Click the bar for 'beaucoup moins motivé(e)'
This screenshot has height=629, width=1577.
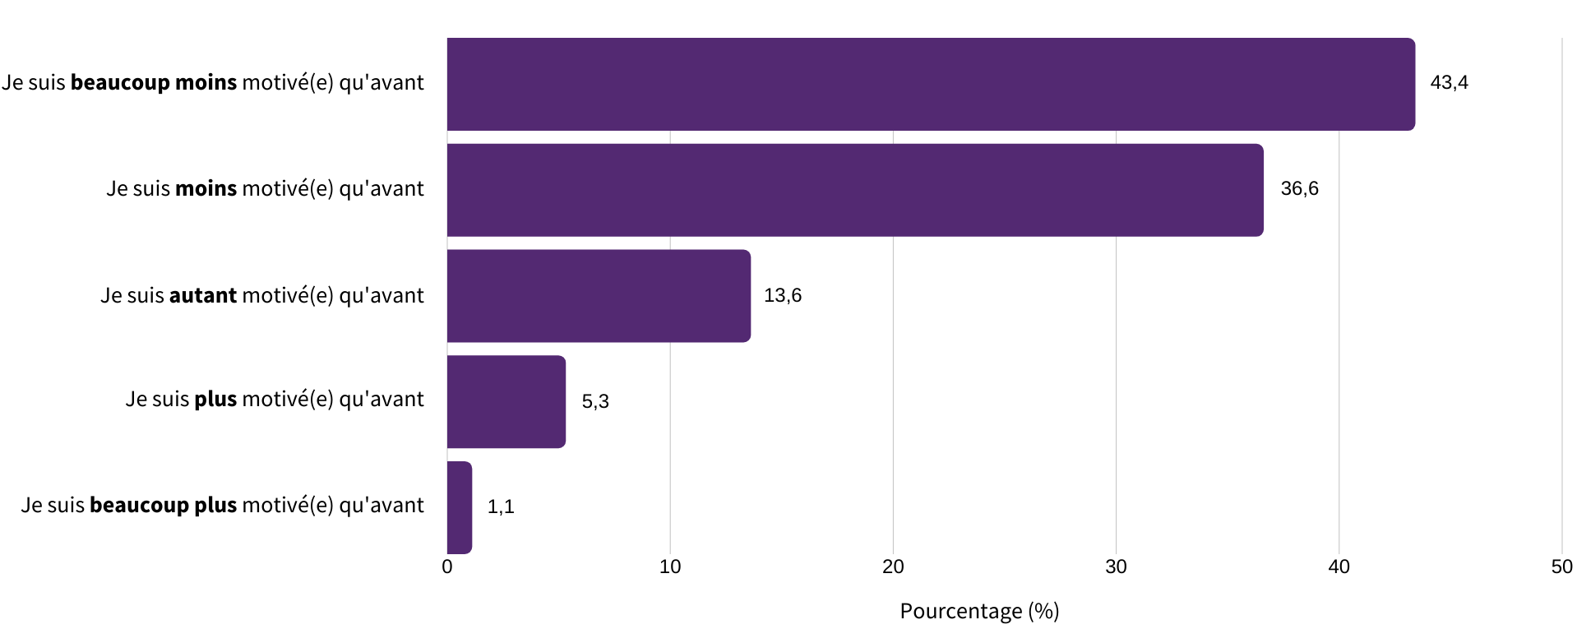[x=931, y=84]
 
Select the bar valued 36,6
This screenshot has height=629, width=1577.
[x=855, y=190]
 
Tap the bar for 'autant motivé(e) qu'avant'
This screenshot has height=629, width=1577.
[x=599, y=296]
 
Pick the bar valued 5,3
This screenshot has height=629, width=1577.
[x=506, y=401]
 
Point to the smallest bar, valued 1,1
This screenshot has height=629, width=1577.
[x=460, y=507]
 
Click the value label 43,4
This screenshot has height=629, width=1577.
[x=1449, y=82]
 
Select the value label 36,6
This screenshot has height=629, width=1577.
[x=1299, y=188]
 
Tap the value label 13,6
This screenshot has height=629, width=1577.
[x=782, y=295]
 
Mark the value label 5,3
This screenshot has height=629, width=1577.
[x=595, y=401]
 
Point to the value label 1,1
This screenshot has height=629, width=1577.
[x=501, y=506]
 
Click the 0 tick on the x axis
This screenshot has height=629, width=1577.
[x=447, y=567]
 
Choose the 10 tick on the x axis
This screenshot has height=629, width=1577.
[x=670, y=567]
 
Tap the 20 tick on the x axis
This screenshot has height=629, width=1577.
[x=893, y=567]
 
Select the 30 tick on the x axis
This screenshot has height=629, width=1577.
[x=1116, y=567]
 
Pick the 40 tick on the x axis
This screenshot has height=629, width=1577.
[x=1339, y=567]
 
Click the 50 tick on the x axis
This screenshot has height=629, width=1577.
[x=1561, y=567]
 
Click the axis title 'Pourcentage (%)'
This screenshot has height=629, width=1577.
[x=979, y=611]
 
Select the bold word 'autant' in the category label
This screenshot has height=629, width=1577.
[x=203, y=295]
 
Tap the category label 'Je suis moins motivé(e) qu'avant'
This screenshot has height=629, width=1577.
[x=265, y=188]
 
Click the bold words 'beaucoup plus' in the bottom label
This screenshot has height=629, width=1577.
[x=163, y=505]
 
